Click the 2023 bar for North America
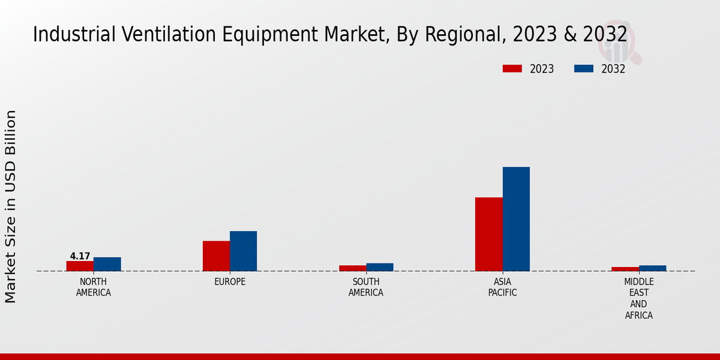(x=80, y=266)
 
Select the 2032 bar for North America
(x=107, y=264)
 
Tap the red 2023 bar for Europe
(x=216, y=256)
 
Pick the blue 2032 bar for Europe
(x=243, y=251)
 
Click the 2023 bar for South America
(x=352, y=268)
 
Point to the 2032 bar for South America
(x=380, y=267)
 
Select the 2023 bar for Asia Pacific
(x=488, y=234)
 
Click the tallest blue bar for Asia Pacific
(x=516, y=219)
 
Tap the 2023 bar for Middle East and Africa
(x=625, y=269)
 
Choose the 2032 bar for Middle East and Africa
(x=652, y=268)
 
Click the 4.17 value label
(x=80, y=256)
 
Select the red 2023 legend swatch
(x=512, y=69)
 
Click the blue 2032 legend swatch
(x=583, y=69)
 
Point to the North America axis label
(x=94, y=287)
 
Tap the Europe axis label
(x=230, y=282)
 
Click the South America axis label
(x=366, y=287)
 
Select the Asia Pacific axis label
(x=502, y=287)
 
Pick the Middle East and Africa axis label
(x=638, y=298)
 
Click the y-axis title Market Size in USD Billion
(x=11, y=206)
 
